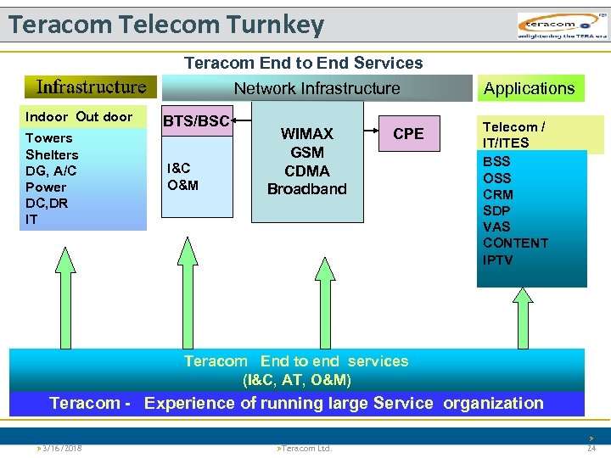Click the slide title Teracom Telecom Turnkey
[166, 25]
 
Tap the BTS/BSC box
[196, 121]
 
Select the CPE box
[408, 134]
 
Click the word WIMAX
[307, 134]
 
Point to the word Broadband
[307, 189]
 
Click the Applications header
[529, 88]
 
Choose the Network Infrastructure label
[317, 88]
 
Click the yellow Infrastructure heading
[91, 87]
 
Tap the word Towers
[49, 138]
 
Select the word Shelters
[52, 154]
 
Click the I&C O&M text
[180, 176]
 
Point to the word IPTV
[498, 260]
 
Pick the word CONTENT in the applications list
[515, 243]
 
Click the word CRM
[498, 194]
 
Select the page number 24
[591, 448]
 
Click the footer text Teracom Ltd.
[305, 448]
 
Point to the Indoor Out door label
[79, 117]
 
